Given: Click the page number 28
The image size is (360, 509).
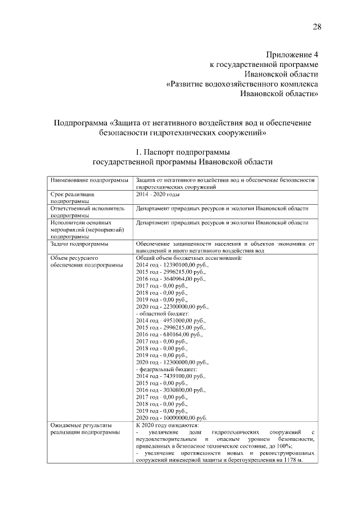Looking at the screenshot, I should click(x=317, y=28).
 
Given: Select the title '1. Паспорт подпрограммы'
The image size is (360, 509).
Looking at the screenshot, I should click(x=182, y=152).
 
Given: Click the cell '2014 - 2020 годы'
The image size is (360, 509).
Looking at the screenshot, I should click(x=157, y=193).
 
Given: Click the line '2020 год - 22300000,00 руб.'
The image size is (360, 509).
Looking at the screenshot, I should click(x=172, y=307).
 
